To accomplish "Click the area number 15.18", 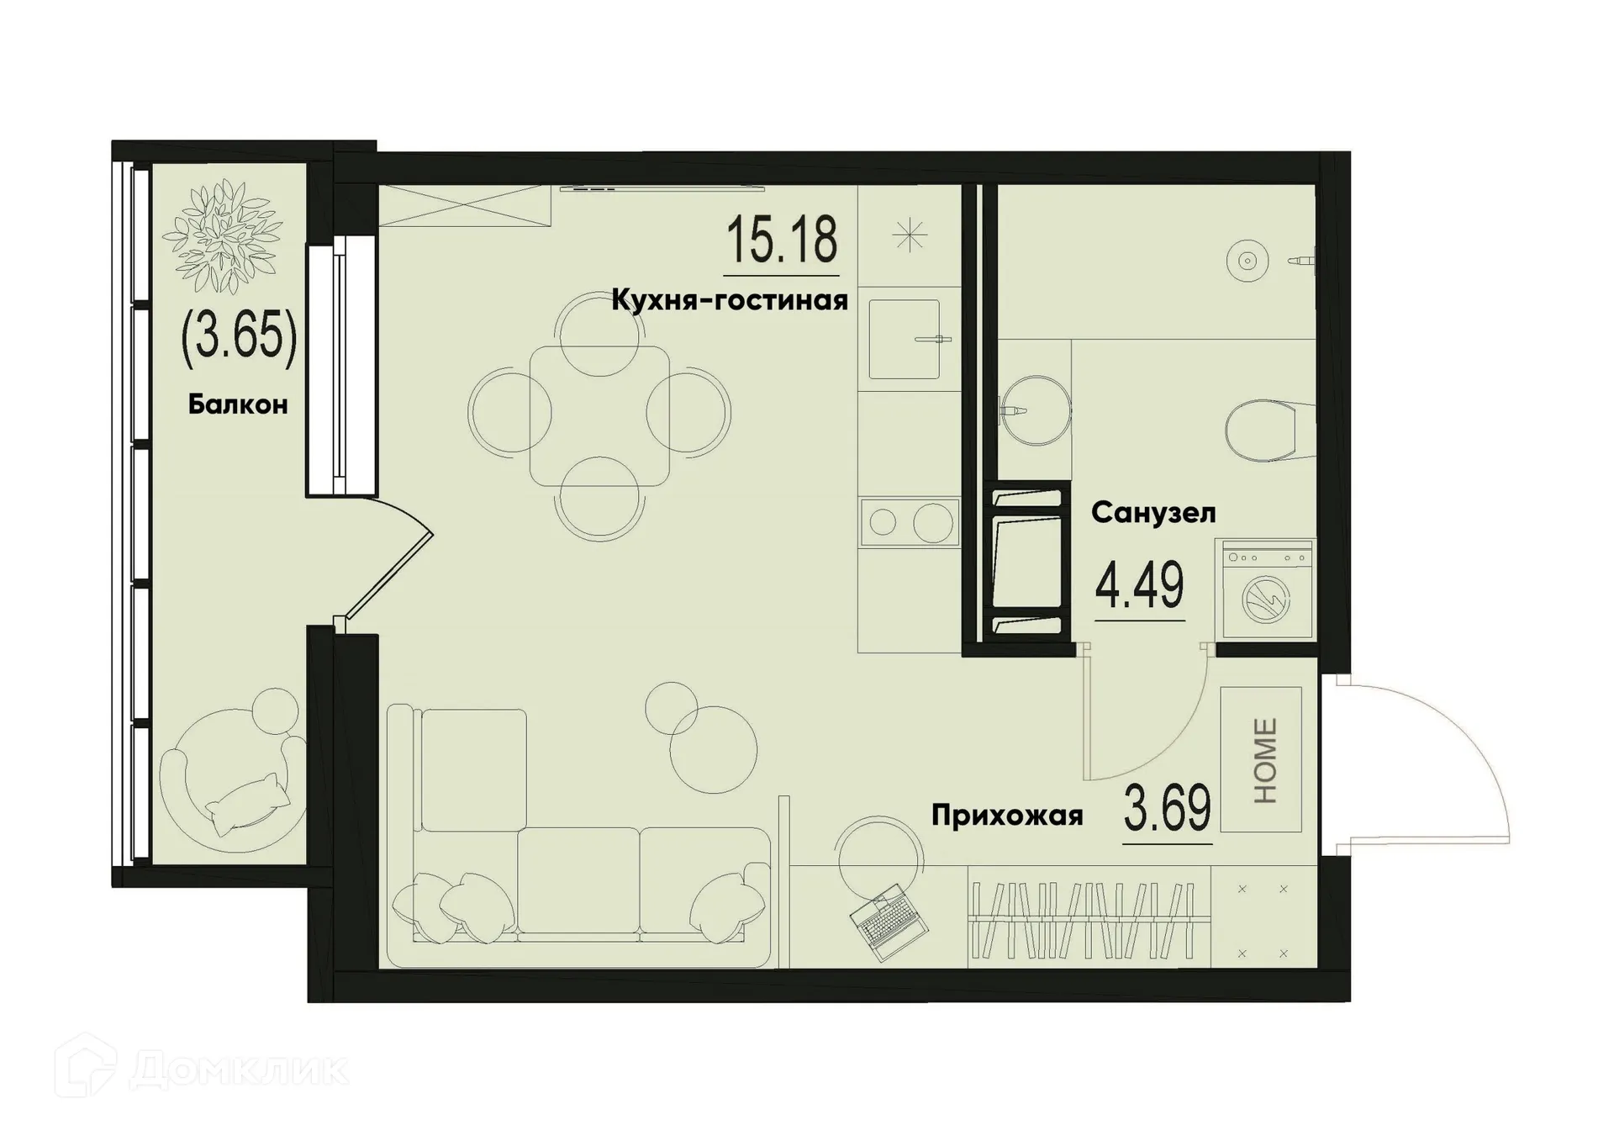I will point(781,240).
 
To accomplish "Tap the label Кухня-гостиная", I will point(729,300).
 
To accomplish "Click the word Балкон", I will point(238,404).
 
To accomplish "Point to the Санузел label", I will point(1153,513).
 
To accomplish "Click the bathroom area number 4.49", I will point(1139,586).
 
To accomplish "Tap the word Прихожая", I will point(1007,815).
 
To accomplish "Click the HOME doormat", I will point(1261,759).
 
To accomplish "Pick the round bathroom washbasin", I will point(1036,410).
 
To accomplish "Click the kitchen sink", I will point(904,340).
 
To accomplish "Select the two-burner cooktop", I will point(909,522).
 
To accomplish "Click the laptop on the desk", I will point(889,922).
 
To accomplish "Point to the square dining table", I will point(599,415).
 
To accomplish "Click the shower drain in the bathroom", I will point(1247,261).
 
